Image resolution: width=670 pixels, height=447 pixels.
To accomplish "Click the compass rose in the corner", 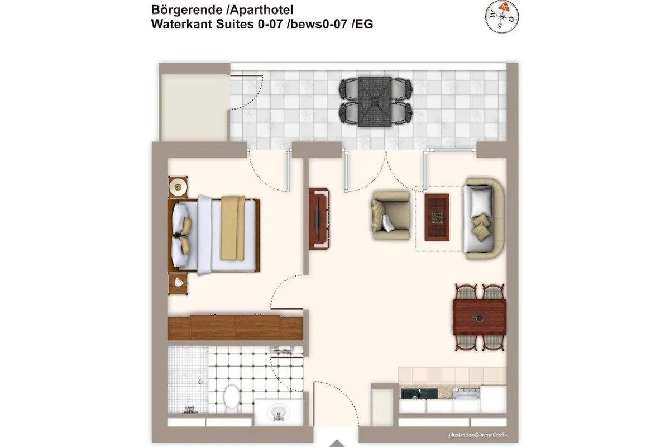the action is click(x=501, y=16).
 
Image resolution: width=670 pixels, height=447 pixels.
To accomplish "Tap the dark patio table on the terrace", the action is click(x=375, y=102).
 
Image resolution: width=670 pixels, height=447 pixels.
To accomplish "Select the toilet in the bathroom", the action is click(x=232, y=396).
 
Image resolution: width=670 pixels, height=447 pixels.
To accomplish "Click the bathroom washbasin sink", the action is click(x=279, y=412).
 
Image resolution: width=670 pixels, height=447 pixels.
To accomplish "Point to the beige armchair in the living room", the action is click(x=391, y=215).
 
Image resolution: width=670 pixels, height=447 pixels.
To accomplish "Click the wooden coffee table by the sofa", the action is click(x=437, y=217).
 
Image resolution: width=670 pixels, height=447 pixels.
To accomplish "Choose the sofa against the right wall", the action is click(x=484, y=218).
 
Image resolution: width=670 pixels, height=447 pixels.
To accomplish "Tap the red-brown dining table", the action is click(x=480, y=318).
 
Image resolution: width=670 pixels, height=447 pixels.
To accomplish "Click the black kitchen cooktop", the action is click(x=419, y=393).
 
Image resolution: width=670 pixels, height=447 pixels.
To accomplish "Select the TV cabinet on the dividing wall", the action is click(x=319, y=218).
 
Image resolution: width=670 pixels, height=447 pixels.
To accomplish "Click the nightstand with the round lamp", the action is click(x=178, y=187).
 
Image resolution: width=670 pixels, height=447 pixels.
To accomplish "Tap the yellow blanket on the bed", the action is click(x=232, y=228).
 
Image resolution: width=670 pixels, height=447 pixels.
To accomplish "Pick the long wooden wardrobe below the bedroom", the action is click(x=236, y=327).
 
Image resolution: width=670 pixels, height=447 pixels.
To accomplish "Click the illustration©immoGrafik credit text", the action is click(x=478, y=435).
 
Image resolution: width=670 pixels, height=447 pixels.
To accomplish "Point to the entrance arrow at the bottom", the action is click(x=337, y=444).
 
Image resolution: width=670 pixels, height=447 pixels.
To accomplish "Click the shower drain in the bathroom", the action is click(x=200, y=382).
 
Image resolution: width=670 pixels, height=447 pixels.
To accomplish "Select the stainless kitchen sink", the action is click(x=466, y=393).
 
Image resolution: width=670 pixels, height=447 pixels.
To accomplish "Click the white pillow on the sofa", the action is click(x=481, y=201).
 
